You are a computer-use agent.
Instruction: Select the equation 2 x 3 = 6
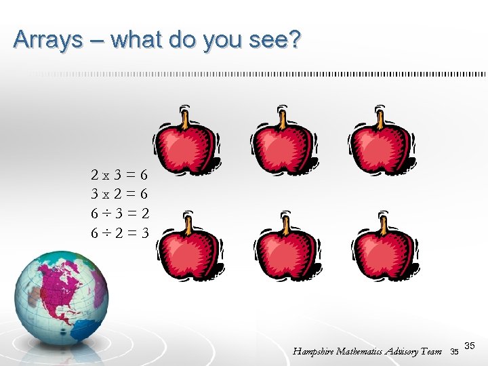click(x=120, y=174)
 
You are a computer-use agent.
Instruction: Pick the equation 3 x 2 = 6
click(x=120, y=194)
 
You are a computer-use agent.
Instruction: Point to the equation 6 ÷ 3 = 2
click(x=120, y=213)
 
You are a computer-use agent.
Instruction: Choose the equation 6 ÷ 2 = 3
click(x=120, y=233)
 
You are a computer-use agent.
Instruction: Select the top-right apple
click(x=382, y=142)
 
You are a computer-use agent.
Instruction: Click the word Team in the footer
click(x=430, y=351)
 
